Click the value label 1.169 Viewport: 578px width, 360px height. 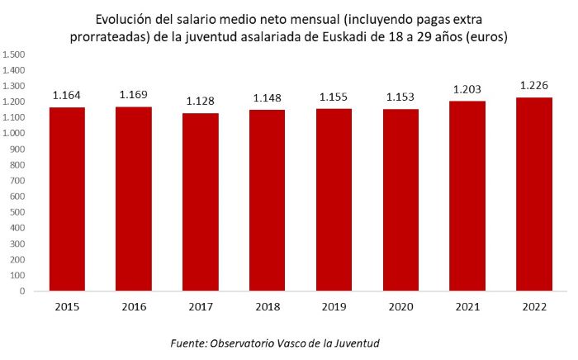pos(134,95)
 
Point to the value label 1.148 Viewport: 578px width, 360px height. pos(267,98)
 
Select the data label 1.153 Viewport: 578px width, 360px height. pos(400,97)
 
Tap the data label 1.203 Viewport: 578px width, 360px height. pos(467,89)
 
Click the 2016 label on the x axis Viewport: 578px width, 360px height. pos(134,306)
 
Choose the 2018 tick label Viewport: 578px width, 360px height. pos(267,306)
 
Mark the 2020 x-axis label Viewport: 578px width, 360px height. pos(400,306)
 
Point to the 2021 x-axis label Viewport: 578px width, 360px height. pos(467,306)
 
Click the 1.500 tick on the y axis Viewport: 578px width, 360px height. pos(15,54)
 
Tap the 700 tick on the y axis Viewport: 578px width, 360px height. pos(19,181)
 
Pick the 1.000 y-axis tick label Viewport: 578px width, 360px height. pos(15,133)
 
